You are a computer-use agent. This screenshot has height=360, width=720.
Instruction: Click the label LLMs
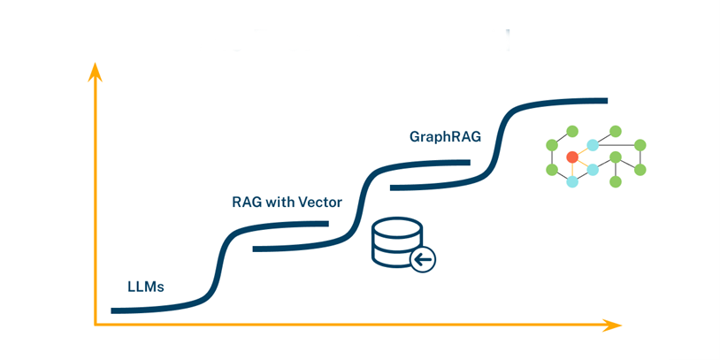click(x=146, y=287)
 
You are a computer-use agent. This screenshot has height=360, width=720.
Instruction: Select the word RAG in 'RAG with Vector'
click(x=246, y=202)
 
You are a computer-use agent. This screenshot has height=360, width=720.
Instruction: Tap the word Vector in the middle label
click(x=320, y=202)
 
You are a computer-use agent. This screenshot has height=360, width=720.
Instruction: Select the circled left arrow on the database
click(x=424, y=259)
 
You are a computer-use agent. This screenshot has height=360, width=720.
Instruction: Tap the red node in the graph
click(x=572, y=157)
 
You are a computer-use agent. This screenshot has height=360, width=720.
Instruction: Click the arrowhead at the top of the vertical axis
click(x=95, y=71)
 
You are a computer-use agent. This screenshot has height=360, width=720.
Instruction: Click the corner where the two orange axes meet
click(x=96, y=325)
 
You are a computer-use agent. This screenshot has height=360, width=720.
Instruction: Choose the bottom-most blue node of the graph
click(x=572, y=181)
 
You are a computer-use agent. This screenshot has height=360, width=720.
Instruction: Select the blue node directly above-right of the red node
click(x=593, y=144)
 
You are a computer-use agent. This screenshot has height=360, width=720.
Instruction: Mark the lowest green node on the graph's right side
click(x=617, y=181)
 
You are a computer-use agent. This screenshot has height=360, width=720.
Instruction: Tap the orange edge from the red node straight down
click(x=572, y=170)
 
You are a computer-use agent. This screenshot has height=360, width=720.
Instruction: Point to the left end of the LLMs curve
click(x=113, y=310)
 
